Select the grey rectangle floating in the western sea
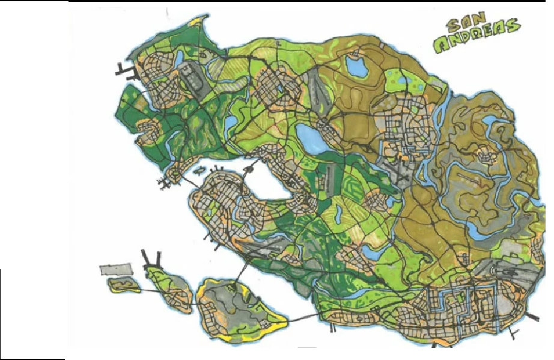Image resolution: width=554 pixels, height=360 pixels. tap(115, 270)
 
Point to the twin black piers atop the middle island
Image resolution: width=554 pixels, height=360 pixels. tap(152, 259)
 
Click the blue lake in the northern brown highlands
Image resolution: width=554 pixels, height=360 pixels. tap(357, 68)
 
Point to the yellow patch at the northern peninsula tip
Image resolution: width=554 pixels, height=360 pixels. tap(196, 23)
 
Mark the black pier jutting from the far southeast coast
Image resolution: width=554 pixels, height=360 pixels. tap(533, 317)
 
